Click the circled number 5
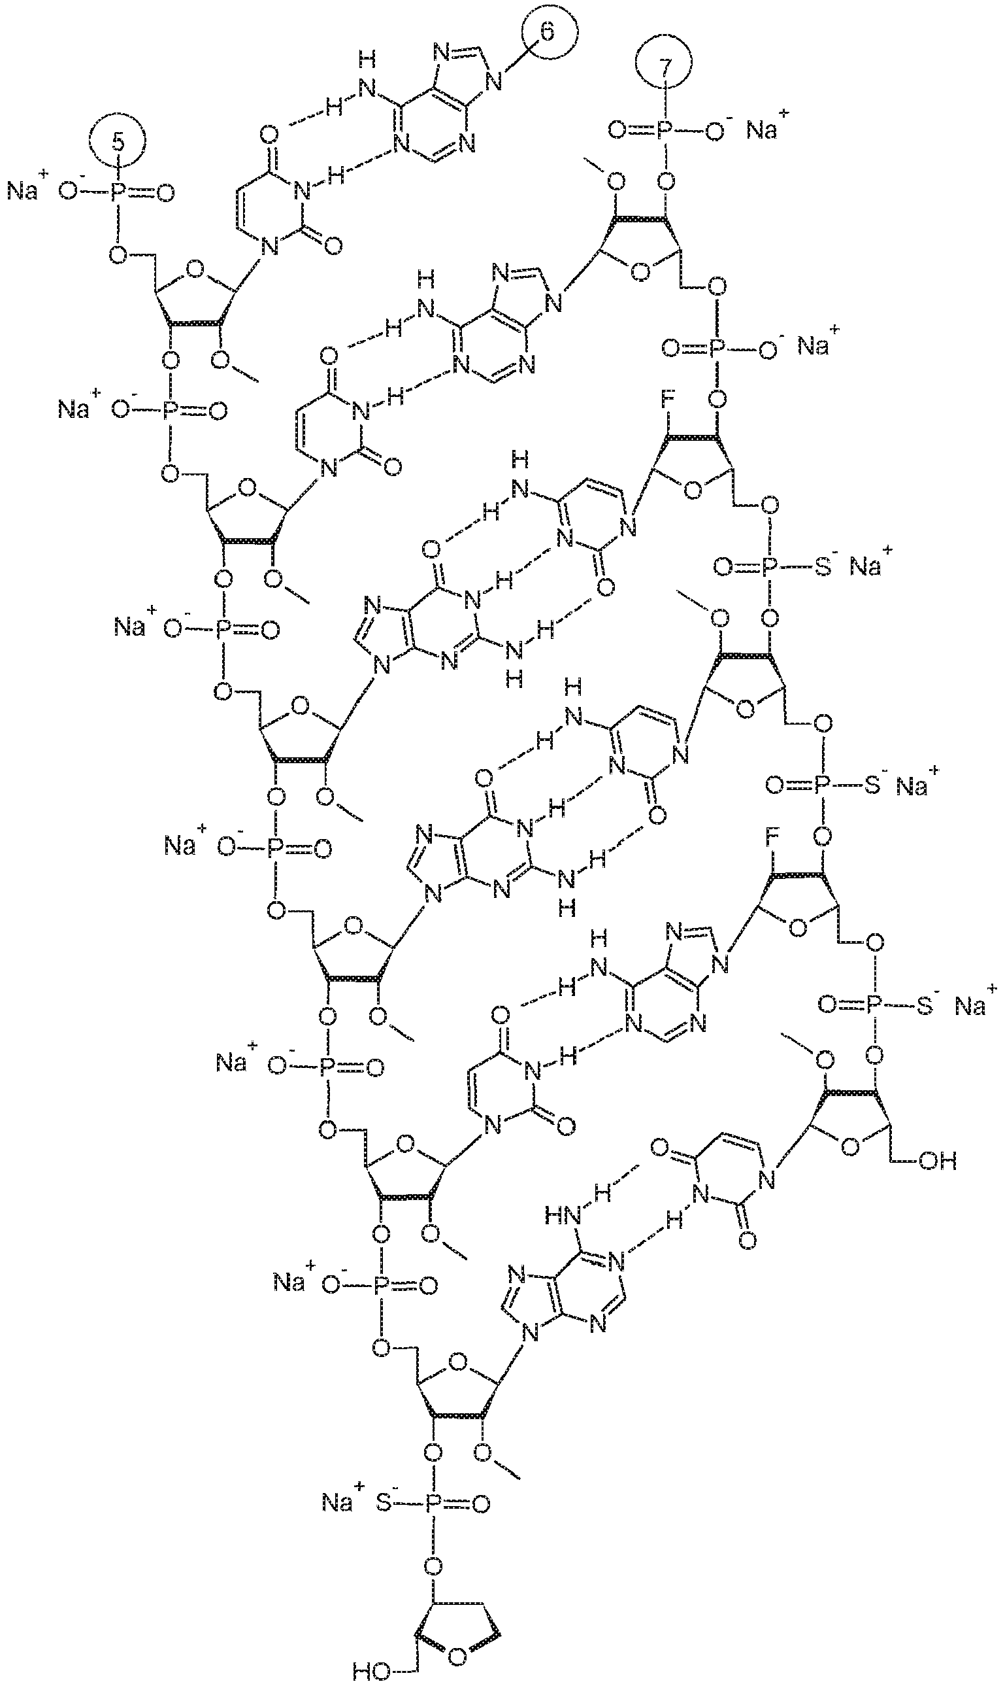(x=118, y=141)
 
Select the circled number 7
(x=666, y=65)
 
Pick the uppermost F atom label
(x=666, y=398)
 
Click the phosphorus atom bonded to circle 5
(x=117, y=194)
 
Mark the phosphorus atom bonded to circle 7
(x=665, y=130)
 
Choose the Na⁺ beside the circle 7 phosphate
(x=766, y=128)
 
